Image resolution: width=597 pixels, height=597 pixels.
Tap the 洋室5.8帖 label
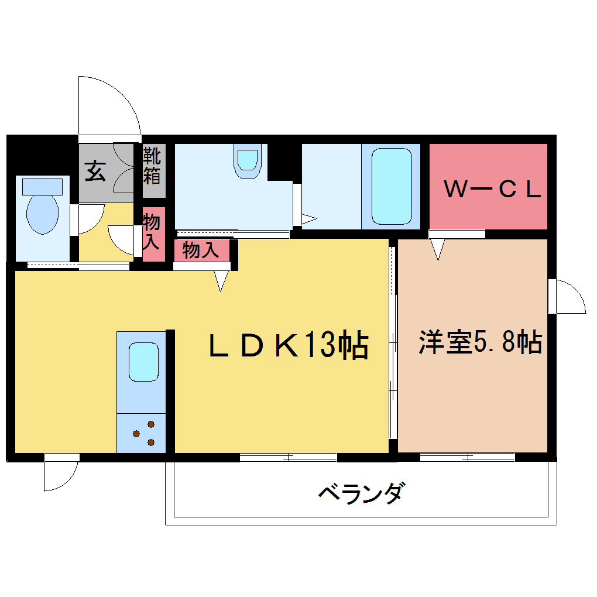point(481,342)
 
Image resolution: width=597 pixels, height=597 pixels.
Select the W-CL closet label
point(493,189)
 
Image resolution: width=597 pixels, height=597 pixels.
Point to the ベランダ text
point(360,493)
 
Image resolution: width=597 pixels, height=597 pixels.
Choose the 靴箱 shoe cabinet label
point(152,166)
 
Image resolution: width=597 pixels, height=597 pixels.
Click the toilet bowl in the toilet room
point(43,214)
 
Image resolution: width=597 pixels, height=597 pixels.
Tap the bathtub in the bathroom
point(392,187)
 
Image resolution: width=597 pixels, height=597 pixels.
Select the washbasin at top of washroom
point(248,162)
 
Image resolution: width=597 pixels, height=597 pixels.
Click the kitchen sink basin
point(143,362)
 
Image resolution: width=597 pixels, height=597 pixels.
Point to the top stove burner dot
point(151,424)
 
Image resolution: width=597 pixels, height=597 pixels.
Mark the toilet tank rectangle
point(42,187)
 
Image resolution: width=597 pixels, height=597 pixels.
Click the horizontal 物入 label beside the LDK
point(201,251)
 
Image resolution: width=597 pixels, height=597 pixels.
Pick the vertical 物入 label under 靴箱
point(152,232)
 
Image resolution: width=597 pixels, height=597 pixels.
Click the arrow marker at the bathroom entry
point(309,219)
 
